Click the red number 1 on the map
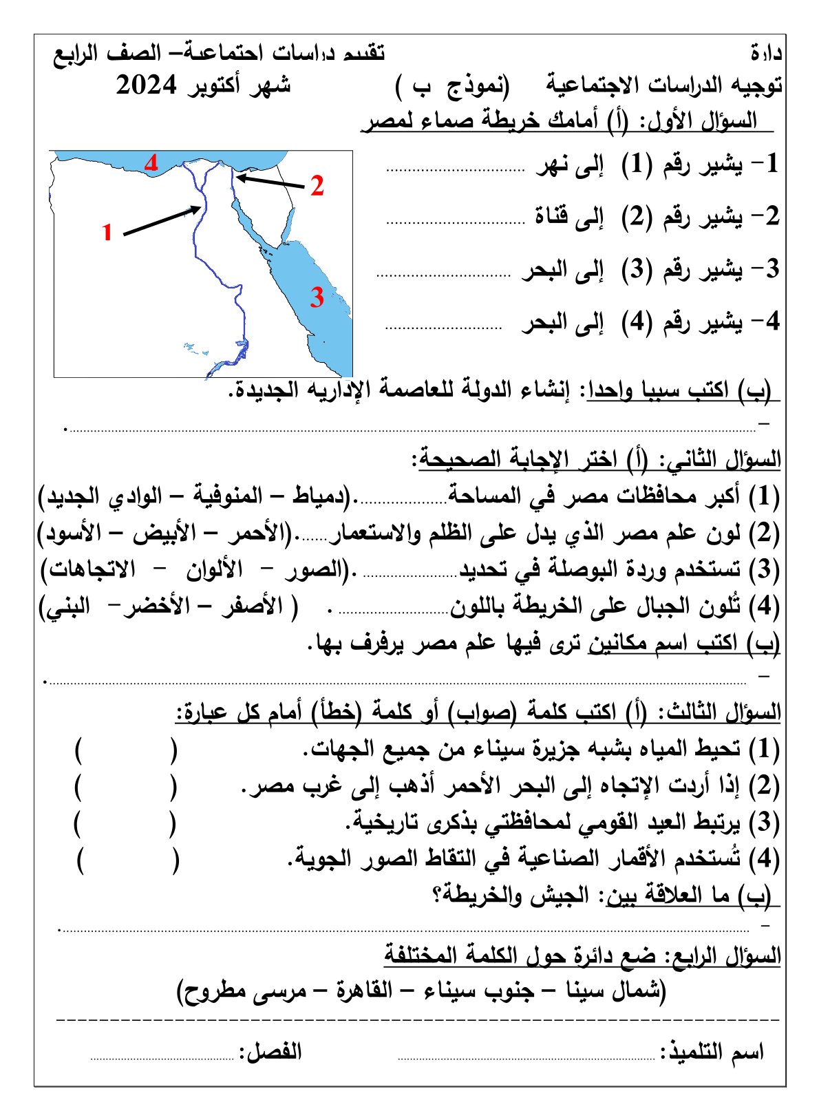107,232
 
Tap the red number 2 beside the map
317,186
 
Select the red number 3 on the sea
316,297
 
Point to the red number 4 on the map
151,162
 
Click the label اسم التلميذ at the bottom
716,1053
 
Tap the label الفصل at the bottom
270,1052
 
